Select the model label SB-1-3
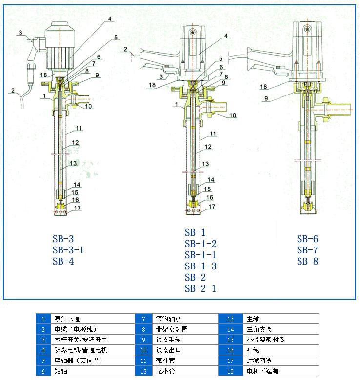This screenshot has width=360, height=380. point(200,266)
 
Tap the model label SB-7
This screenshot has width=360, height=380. point(307,250)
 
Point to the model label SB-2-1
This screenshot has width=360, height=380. point(200,288)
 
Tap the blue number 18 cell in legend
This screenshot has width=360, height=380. point(231,371)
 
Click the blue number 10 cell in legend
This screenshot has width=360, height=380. point(144,350)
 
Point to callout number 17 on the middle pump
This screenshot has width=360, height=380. point(211,207)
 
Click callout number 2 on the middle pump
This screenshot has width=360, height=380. point(125,49)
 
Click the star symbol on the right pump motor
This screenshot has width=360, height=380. point(308,29)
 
